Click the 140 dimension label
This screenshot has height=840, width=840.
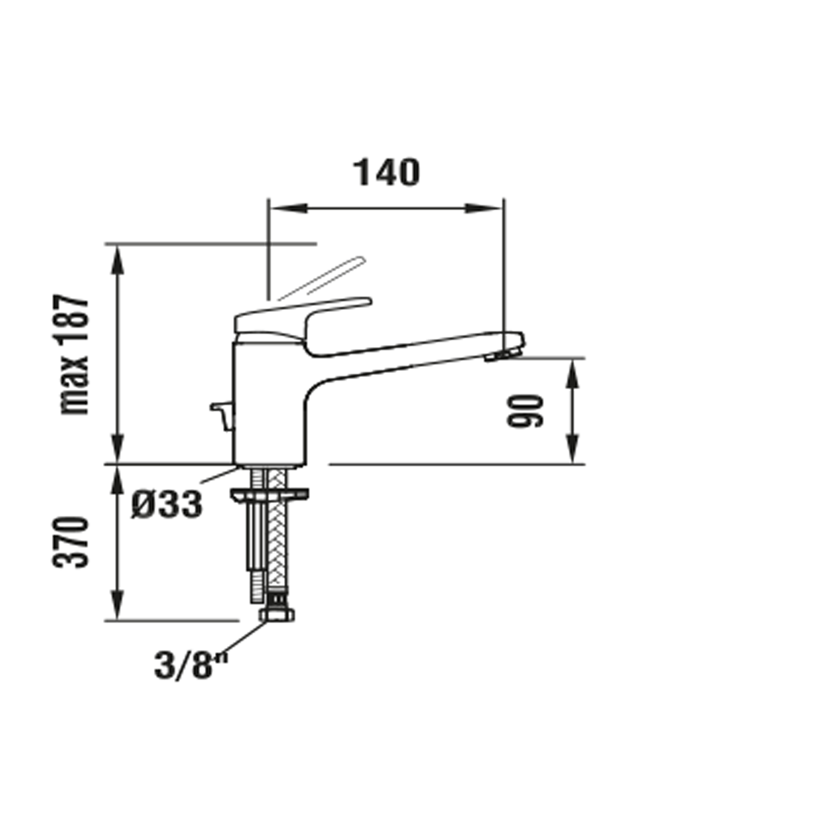pyautogui.click(x=386, y=173)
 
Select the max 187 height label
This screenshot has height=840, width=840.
pyautogui.click(x=74, y=355)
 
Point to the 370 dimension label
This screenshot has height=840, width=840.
pyautogui.click(x=71, y=542)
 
